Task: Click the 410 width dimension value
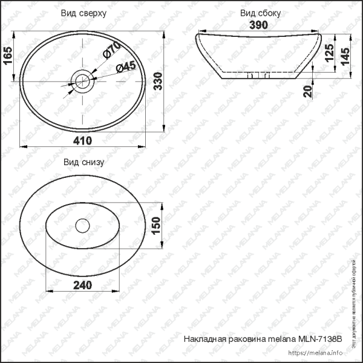tap(83, 140)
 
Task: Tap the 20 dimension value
tap(308, 92)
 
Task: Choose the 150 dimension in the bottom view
tap(155, 225)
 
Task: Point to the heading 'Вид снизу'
tap(84, 162)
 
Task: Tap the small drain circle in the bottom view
tap(82, 225)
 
